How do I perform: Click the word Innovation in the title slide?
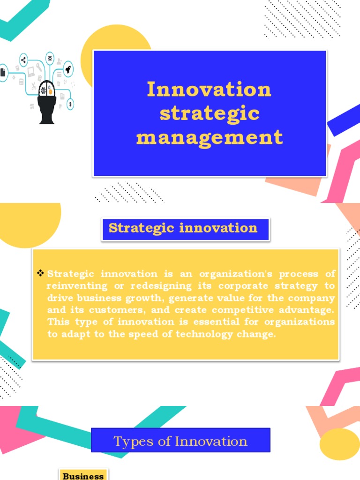point(209,89)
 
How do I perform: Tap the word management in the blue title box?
point(209,137)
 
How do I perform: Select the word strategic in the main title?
point(209,113)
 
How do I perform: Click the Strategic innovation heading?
point(183,228)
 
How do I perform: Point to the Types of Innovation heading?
point(180,441)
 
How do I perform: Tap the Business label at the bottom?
point(83,476)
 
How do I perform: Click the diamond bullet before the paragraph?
point(40,273)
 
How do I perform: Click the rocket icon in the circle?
point(68,69)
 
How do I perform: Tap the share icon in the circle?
point(23,60)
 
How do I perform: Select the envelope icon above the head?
point(50,58)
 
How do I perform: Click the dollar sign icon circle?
point(70,104)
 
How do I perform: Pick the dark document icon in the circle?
point(3,73)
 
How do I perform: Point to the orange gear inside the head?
point(50,92)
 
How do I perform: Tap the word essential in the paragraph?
point(208,322)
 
